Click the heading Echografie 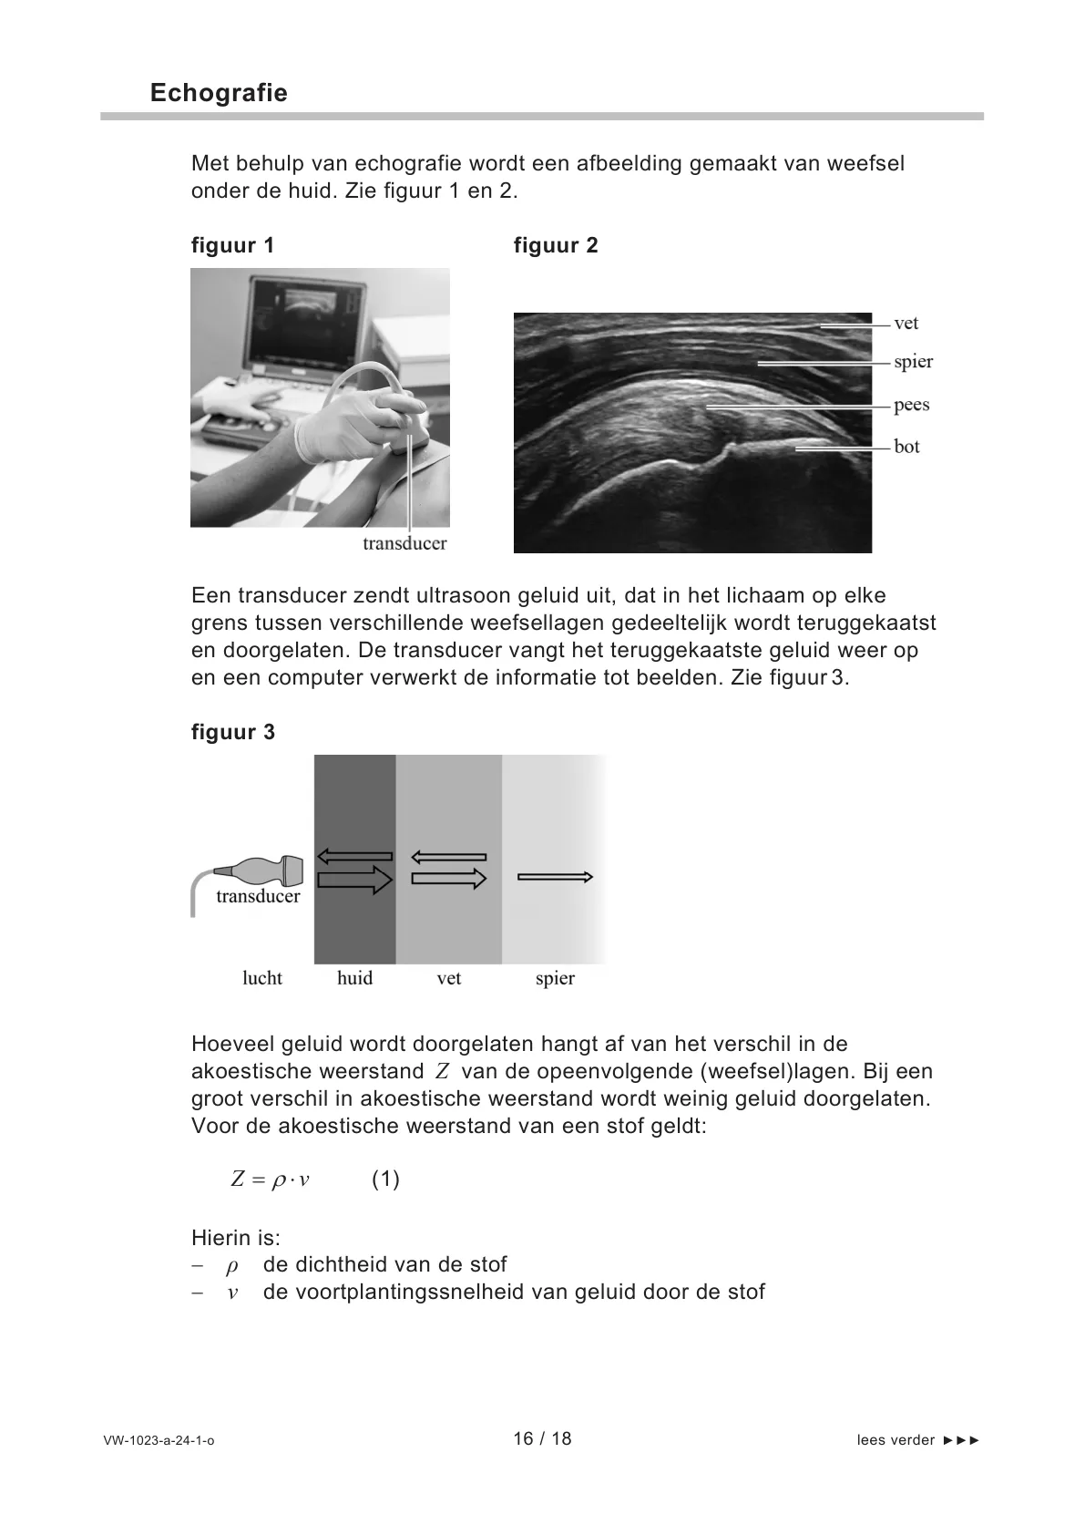pyautogui.click(x=219, y=93)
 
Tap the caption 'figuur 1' pyautogui.click(x=232, y=245)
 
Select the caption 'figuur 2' pyautogui.click(x=556, y=245)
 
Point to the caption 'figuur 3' pyautogui.click(x=233, y=732)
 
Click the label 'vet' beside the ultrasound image pyautogui.click(x=906, y=324)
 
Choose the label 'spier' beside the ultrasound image pyautogui.click(x=913, y=362)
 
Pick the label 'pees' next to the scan pyautogui.click(x=911, y=405)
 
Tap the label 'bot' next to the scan pyautogui.click(x=906, y=447)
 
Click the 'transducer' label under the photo pyautogui.click(x=404, y=543)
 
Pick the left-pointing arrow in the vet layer pyautogui.click(x=448, y=857)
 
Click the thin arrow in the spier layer pyautogui.click(x=555, y=877)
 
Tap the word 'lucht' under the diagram pyautogui.click(x=262, y=978)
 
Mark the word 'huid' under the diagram pyautogui.click(x=354, y=978)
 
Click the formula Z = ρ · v pyautogui.click(x=271, y=1180)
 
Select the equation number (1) pyautogui.click(x=385, y=1180)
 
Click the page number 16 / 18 pyautogui.click(x=542, y=1438)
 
